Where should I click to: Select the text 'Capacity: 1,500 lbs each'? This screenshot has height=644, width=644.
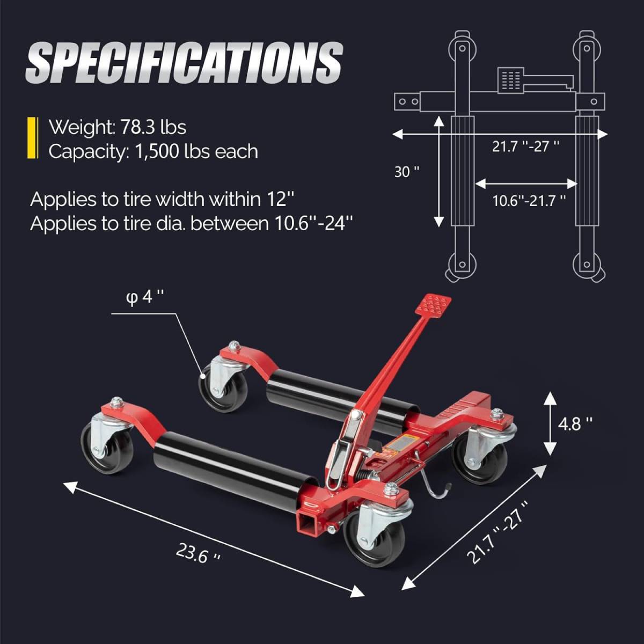(x=153, y=151)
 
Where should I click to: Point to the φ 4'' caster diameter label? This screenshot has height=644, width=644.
(x=144, y=297)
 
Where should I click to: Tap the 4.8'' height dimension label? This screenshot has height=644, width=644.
(x=575, y=424)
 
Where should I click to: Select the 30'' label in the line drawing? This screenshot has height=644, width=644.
(x=406, y=172)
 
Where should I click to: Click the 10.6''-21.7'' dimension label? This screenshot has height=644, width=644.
(x=529, y=201)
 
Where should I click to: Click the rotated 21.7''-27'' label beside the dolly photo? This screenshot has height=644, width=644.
(x=497, y=532)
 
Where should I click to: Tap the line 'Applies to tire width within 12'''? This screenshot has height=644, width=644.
(x=163, y=199)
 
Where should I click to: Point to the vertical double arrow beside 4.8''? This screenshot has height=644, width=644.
(x=550, y=423)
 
